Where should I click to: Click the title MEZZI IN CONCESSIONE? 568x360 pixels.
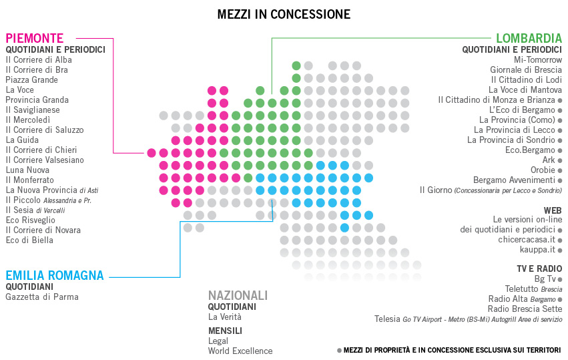[x=284, y=14]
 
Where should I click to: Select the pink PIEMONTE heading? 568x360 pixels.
[x=35, y=38]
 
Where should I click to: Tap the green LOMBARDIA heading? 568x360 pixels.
[x=529, y=38]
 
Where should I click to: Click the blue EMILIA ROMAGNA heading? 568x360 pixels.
[x=55, y=275]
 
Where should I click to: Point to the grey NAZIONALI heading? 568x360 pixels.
[x=238, y=295]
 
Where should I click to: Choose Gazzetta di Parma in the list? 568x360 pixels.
[x=42, y=297]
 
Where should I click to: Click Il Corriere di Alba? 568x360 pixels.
[x=39, y=59]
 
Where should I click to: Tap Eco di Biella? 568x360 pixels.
[x=29, y=240]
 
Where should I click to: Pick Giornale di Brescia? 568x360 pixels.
[x=526, y=69]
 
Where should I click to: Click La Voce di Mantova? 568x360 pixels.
[x=525, y=89]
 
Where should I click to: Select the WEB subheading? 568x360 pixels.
[x=553, y=210]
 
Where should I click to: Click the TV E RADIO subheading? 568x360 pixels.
[x=539, y=268]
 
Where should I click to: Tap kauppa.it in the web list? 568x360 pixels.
[x=538, y=249]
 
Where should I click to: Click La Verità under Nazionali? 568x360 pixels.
[x=225, y=317]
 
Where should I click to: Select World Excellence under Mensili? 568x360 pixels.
[x=240, y=351]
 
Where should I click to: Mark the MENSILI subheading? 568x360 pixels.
[x=225, y=330]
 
